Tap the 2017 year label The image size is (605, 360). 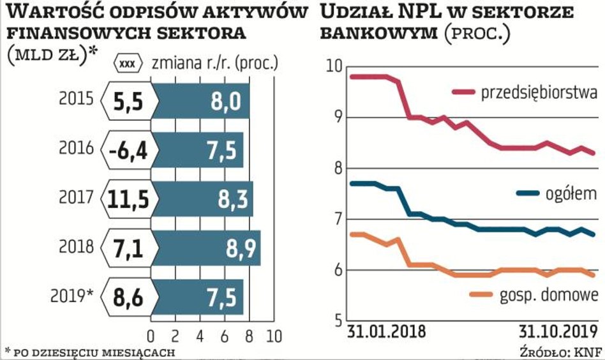77,199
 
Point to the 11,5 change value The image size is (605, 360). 128,199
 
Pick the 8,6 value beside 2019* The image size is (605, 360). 128,297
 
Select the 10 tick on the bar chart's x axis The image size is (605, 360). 274,336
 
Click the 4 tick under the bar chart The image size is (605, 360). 200,336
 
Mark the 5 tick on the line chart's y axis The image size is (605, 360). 336,320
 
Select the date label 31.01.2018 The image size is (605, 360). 387,333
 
